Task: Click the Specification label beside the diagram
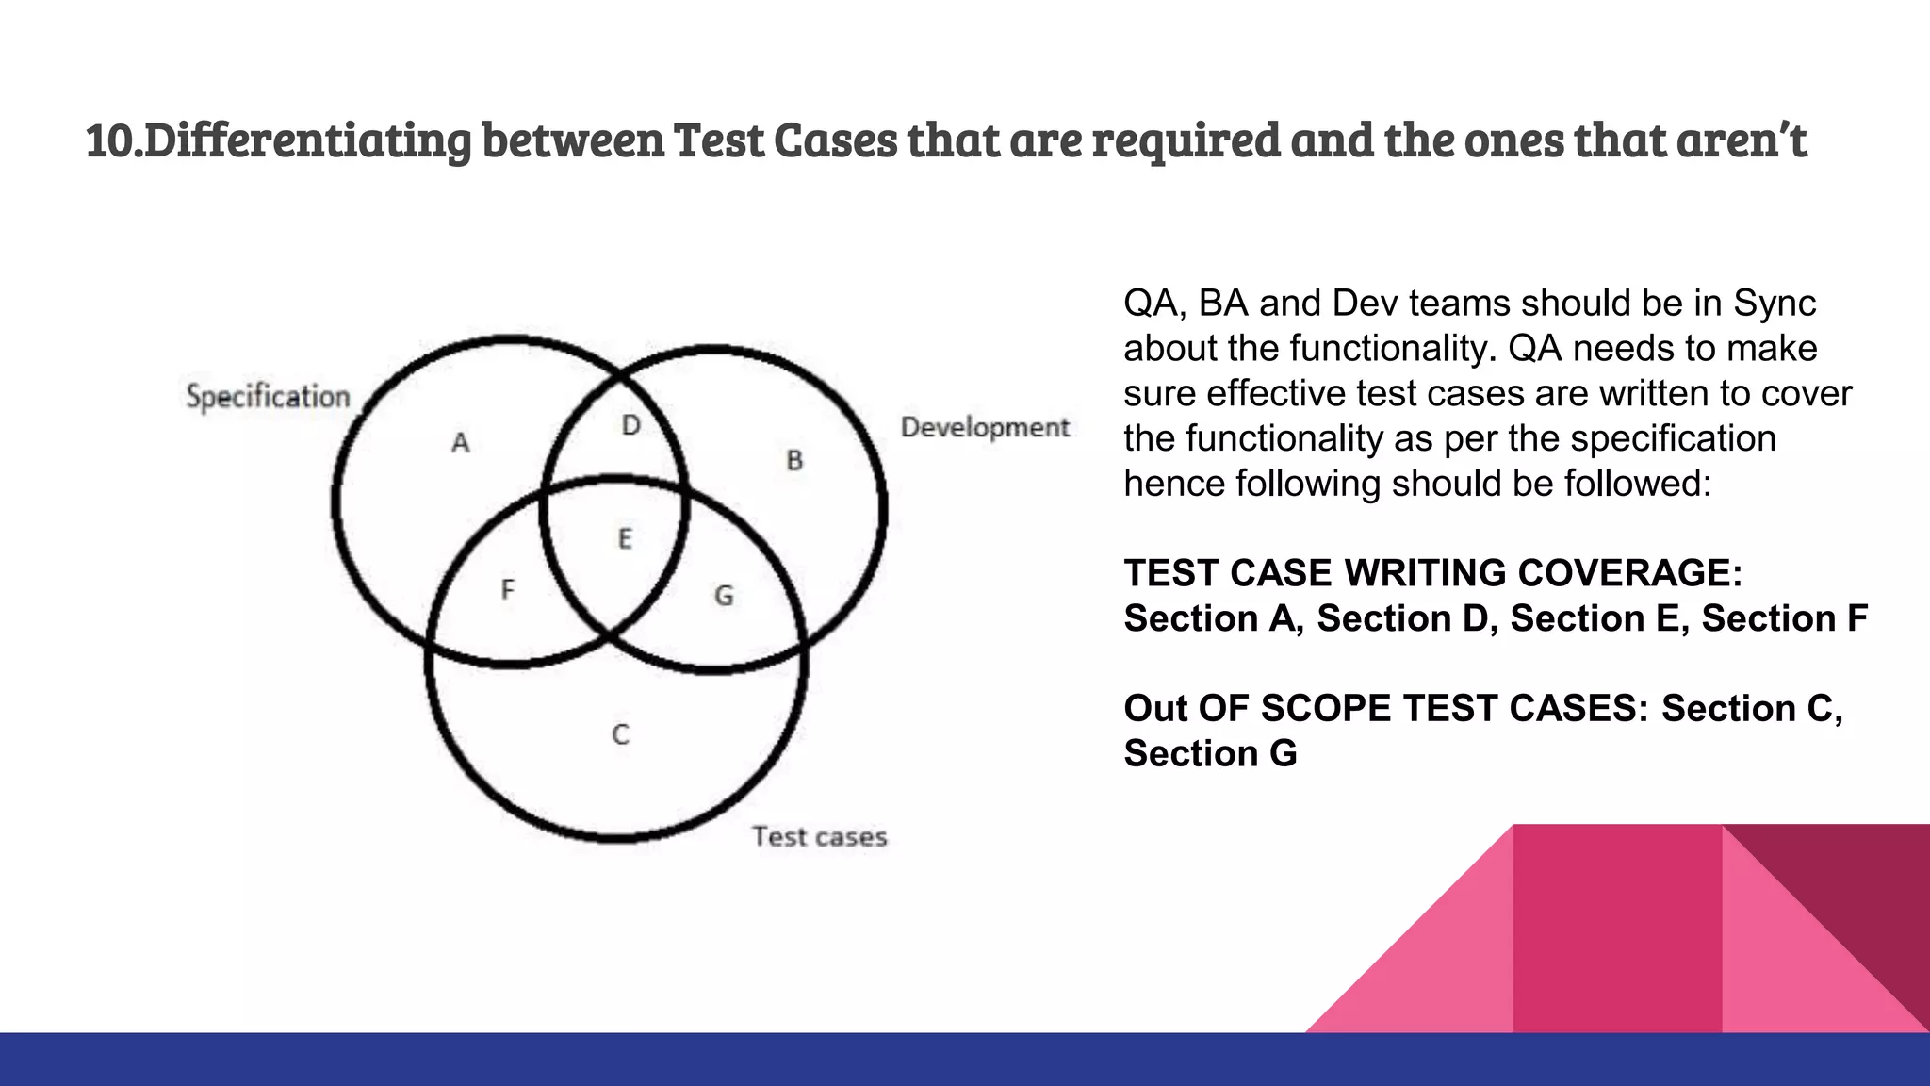(268, 397)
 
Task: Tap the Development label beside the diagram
(985, 427)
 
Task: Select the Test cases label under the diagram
(819, 836)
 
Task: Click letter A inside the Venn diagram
(460, 442)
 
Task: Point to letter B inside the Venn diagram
(794, 460)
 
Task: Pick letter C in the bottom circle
(620, 734)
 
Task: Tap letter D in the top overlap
(630, 425)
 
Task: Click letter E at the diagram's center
(624, 538)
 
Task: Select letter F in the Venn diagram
(507, 590)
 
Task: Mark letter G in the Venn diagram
(724, 595)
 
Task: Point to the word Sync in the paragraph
(1775, 303)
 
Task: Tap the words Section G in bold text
(1210, 753)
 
